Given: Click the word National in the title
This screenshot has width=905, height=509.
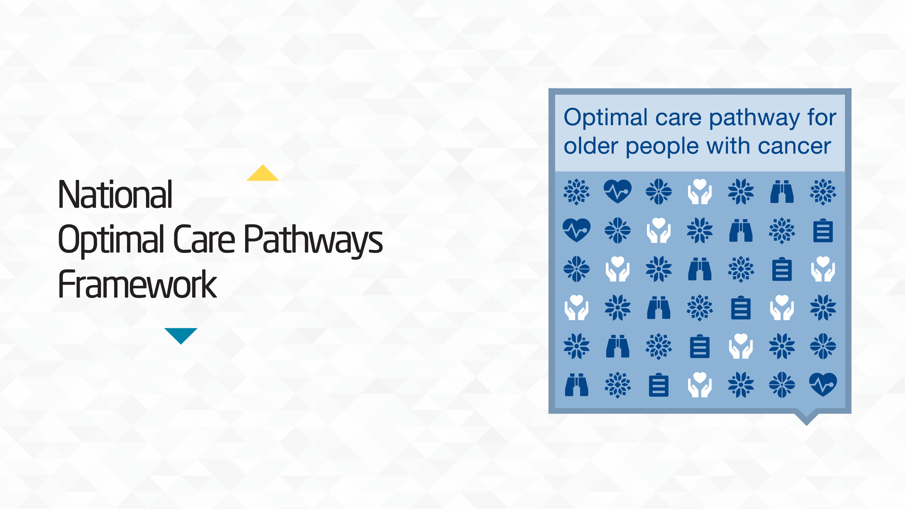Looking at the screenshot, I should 115,195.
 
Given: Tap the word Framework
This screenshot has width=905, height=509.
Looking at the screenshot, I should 137,285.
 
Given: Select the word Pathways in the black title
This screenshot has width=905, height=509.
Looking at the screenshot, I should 313,240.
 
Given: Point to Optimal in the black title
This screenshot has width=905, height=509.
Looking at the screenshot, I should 111,240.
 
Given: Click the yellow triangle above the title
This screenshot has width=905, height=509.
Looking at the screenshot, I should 263,174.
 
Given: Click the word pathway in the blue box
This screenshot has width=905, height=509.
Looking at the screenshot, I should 754,118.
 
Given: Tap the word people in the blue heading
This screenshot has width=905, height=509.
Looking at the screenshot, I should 662,147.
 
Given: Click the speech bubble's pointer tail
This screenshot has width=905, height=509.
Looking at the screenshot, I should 807,418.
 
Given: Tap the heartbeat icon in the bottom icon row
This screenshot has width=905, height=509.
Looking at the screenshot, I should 823,385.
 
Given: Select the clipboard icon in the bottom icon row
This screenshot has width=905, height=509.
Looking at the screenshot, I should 658,385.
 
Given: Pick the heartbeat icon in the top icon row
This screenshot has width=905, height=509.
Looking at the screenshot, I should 618,191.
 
